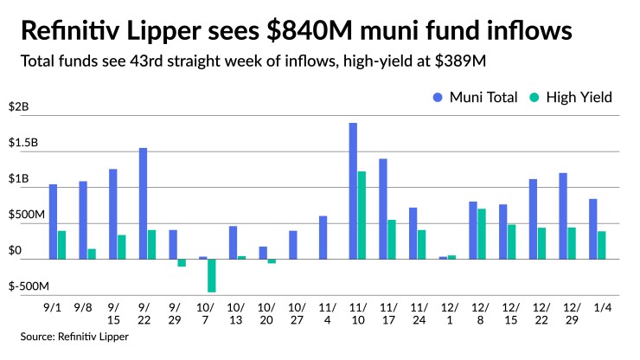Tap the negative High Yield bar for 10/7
coord(212,275)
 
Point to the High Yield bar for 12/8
coord(482,234)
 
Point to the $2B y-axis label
coord(19,107)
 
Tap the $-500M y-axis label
coord(29,286)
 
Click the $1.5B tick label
coord(24,143)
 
